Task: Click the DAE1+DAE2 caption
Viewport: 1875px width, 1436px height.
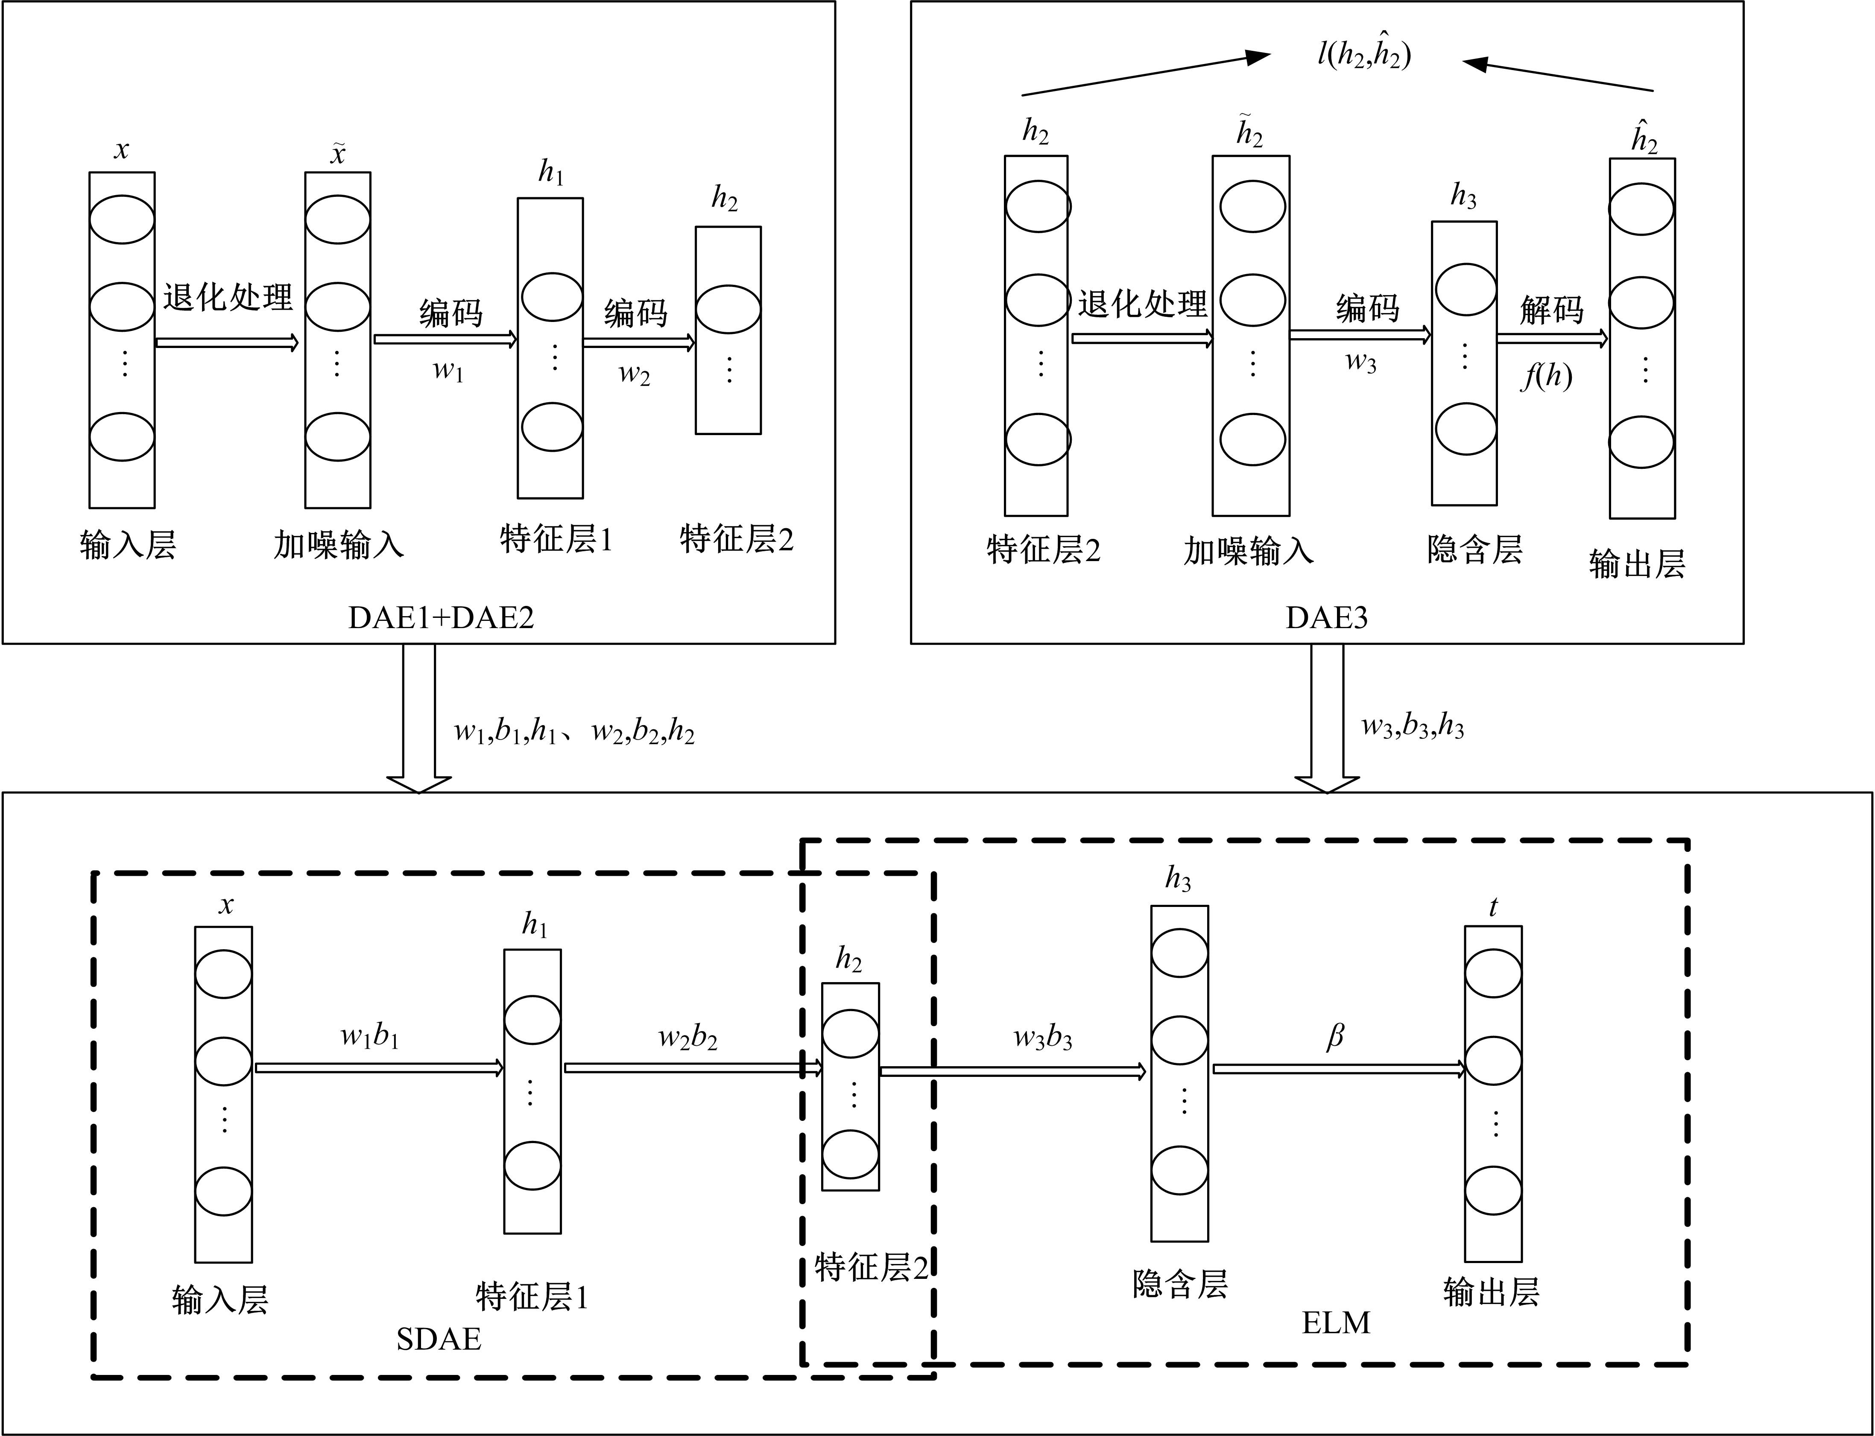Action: pos(441,617)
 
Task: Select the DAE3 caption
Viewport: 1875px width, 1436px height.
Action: pos(1326,617)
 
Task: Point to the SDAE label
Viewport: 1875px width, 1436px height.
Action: pos(439,1339)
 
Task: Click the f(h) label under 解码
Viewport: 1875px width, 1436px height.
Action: pos(1547,376)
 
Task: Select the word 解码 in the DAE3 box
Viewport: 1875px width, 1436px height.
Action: pos(1551,310)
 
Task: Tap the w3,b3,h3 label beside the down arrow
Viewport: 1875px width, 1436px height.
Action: pos(1412,727)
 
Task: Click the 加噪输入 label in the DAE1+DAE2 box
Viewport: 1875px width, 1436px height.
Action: pos(339,544)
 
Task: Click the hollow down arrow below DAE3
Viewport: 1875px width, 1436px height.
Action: pos(1326,718)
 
